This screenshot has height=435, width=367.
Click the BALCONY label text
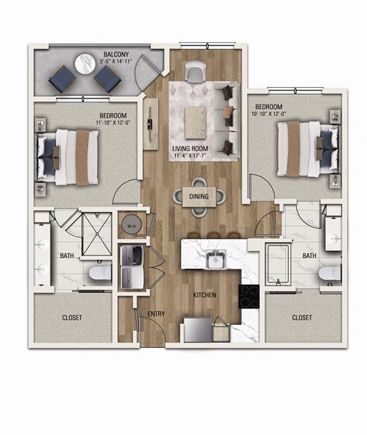tap(115, 55)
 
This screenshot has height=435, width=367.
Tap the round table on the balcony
tap(83, 66)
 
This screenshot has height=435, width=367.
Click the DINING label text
tap(198, 196)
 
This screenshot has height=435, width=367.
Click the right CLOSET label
tap(302, 317)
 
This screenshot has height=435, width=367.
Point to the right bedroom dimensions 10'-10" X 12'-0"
tap(274, 114)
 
